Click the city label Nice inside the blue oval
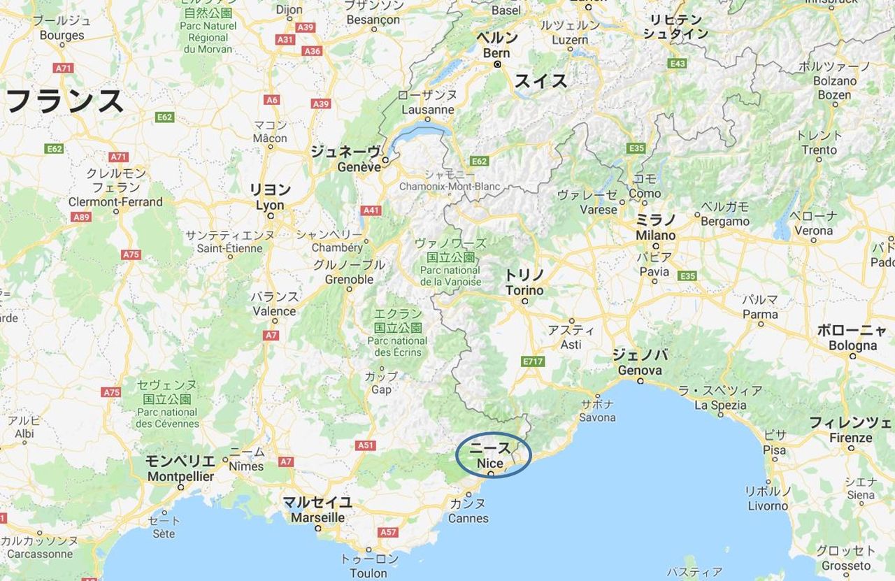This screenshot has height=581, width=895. [490, 463]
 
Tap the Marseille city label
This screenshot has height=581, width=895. [318, 517]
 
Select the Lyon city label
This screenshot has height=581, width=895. [270, 206]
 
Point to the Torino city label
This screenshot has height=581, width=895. [524, 290]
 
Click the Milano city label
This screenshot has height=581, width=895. [656, 236]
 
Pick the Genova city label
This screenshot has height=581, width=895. [640, 370]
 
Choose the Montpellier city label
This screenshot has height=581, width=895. [180, 476]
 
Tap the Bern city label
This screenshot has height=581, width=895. [497, 53]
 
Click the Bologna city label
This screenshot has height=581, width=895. [852, 345]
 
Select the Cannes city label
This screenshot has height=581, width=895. [468, 518]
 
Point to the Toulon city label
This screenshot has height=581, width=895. [368, 573]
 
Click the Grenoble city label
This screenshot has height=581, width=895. [350, 279]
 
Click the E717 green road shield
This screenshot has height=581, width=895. [533, 361]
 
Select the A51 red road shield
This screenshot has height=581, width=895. [366, 445]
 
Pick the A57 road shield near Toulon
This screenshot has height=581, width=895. [388, 532]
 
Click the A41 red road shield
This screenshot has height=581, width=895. [371, 210]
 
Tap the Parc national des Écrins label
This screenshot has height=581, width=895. [398, 346]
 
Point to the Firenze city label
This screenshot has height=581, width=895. [851, 438]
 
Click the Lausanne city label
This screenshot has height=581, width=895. [428, 110]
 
